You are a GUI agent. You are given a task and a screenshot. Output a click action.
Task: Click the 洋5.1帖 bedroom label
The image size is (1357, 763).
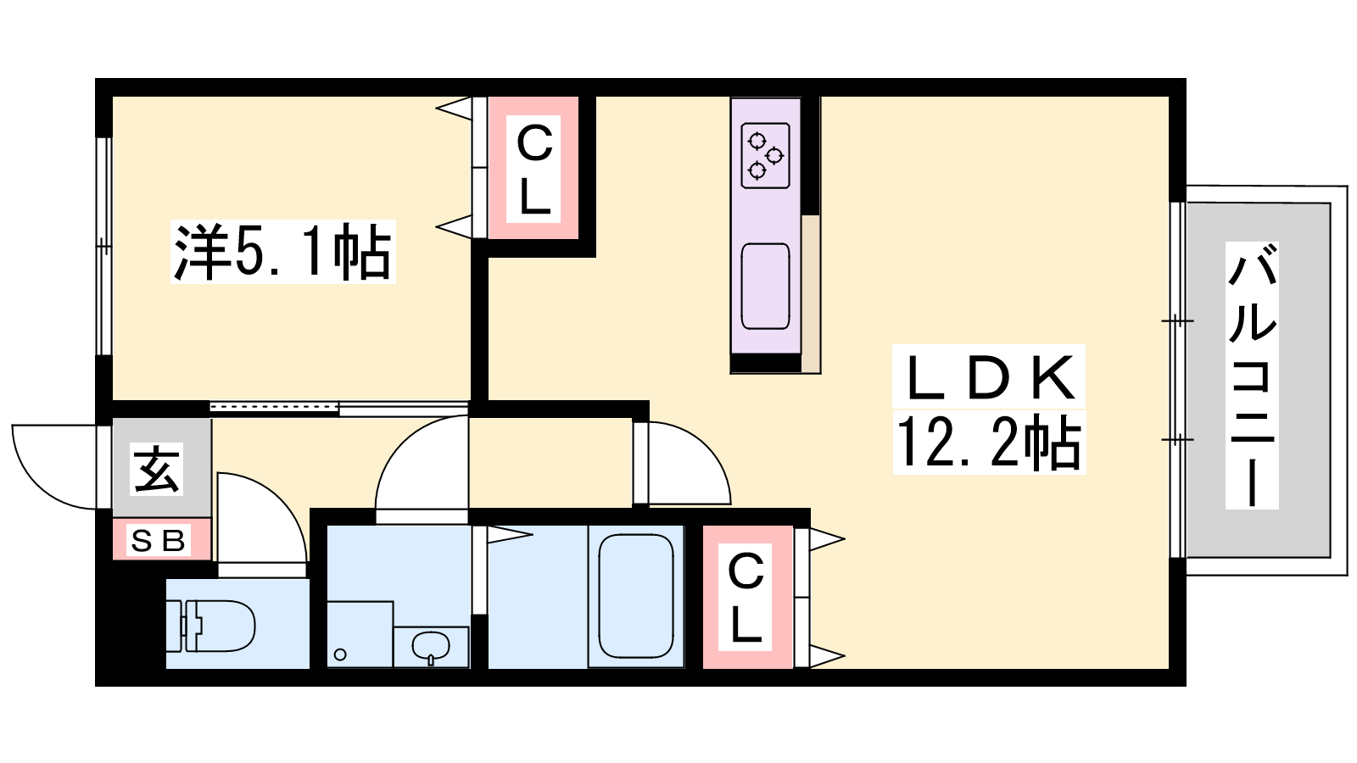point(283,252)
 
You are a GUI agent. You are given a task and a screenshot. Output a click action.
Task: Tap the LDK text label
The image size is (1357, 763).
point(989,378)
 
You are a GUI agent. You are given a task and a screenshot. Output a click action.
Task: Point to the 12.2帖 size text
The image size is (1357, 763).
point(989,442)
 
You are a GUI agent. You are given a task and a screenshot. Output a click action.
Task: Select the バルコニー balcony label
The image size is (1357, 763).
point(1252,376)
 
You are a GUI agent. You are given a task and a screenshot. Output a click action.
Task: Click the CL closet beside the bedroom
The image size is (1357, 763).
point(533,169)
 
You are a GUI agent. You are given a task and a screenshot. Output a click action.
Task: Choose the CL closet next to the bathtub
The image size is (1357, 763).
point(746,597)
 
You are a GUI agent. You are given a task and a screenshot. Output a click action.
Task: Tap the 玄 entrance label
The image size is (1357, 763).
point(157,470)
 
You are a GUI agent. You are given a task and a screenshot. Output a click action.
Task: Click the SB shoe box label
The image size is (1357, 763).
point(158,541)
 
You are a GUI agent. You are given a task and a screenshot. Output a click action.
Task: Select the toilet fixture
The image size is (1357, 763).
point(210,626)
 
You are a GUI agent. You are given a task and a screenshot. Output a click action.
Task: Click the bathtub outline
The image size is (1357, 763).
point(636,597)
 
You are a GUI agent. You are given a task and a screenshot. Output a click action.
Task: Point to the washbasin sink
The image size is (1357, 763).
point(431,646)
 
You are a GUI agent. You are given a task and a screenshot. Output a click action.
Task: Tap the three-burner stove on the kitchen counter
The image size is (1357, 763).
point(766,156)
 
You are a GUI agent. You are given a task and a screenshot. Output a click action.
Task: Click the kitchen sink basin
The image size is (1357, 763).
point(766,287)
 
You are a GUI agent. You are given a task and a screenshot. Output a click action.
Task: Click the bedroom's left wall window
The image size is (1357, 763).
point(103,247)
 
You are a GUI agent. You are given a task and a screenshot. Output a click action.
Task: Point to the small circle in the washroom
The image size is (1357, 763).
point(340,654)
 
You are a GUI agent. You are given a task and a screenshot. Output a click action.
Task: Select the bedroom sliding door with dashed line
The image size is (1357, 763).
point(275,407)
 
